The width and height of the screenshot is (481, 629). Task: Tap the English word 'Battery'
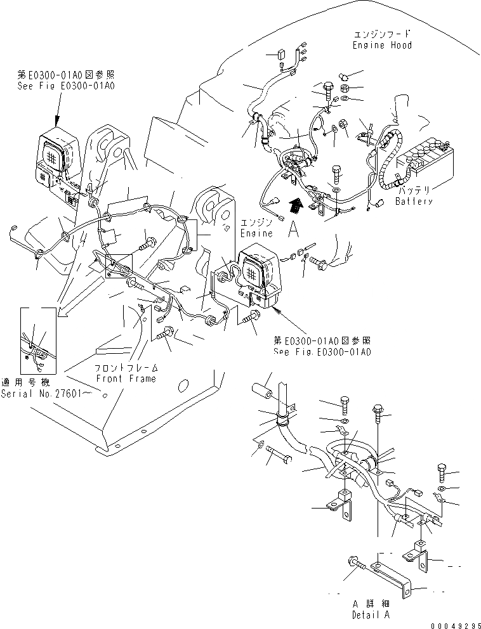point(413,202)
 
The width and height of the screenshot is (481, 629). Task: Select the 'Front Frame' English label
point(126,379)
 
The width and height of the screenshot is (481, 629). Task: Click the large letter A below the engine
point(294,231)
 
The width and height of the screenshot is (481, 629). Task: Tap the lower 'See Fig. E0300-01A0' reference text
point(322,353)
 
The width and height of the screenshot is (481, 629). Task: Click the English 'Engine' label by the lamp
point(256,233)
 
